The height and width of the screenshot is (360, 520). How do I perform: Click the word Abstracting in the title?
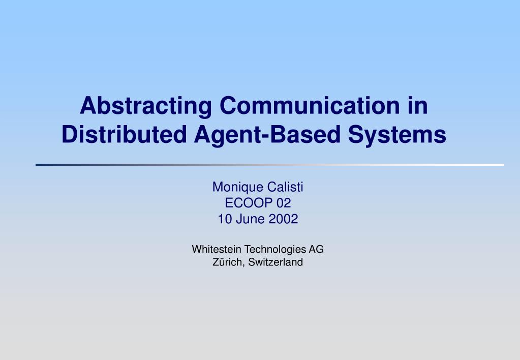(145, 106)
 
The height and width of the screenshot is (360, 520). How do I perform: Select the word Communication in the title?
(310, 106)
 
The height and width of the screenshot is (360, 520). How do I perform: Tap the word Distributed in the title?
(124, 134)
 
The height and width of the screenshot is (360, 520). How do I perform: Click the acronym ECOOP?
(249, 203)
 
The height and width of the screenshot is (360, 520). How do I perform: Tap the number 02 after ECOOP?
(284, 203)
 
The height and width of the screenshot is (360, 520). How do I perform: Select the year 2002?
(283, 219)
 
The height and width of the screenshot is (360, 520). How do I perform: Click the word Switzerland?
(276, 262)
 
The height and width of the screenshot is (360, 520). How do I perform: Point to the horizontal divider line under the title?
(269, 165)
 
